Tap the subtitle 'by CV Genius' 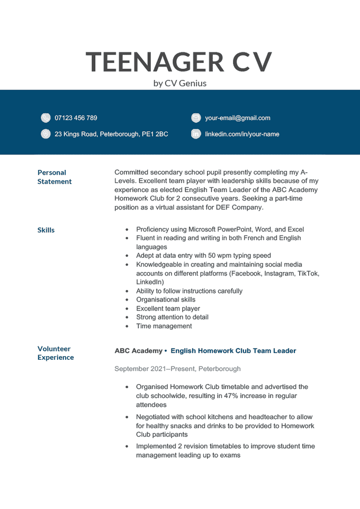179,83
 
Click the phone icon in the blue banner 46,118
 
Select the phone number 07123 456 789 76,118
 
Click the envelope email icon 196,118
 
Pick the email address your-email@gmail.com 238,118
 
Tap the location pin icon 46,134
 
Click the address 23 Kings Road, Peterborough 111,134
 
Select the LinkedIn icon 196,134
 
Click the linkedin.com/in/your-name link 242,134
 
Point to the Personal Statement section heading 54,177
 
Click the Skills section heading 46,230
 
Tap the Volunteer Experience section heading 55,353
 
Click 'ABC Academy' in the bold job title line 138,351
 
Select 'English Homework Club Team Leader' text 233,351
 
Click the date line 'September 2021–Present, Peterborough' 177,369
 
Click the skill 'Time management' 164,326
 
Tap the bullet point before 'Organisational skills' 127,300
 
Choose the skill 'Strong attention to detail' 172,317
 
